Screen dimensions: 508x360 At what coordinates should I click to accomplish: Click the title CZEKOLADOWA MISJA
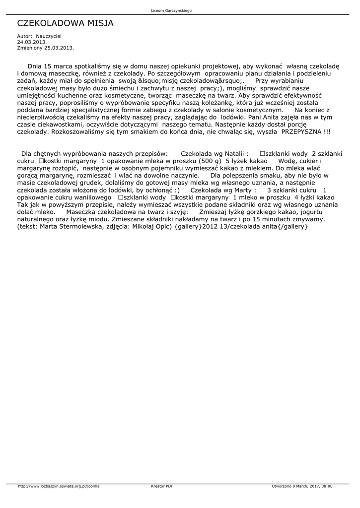(66, 23)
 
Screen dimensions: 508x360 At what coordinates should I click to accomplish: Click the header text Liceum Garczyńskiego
(171, 10)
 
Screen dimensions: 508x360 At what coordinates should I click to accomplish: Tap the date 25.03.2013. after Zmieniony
(59, 48)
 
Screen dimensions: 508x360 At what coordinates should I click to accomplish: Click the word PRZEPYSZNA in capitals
(302, 132)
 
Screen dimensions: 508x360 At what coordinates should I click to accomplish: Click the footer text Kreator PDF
(162, 486)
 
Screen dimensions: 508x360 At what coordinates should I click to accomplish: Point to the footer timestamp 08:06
(326, 486)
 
